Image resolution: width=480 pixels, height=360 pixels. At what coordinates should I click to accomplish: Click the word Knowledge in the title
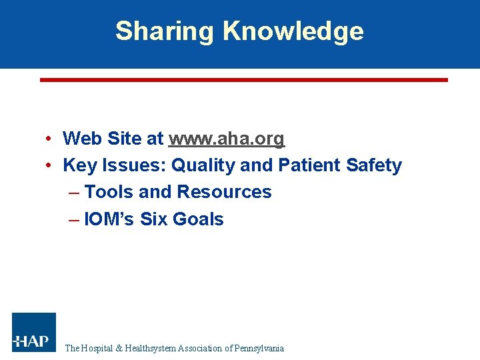click(293, 31)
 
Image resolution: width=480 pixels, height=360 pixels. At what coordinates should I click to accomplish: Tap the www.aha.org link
click(227, 139)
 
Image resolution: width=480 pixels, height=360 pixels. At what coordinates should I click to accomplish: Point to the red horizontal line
click(243, 79)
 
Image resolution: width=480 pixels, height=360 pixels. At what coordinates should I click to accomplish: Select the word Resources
click(224, 192)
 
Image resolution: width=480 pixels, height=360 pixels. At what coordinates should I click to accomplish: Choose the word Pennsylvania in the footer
click(261, 348)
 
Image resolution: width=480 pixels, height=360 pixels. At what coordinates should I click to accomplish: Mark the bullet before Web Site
click(50, 139)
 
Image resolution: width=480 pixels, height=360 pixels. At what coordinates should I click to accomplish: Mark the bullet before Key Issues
click(50, 166)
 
